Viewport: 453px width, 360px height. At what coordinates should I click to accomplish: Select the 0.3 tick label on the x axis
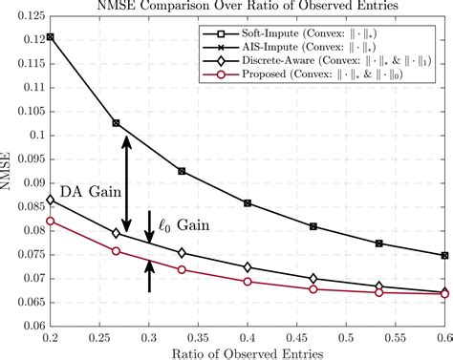click(x=149, y=336)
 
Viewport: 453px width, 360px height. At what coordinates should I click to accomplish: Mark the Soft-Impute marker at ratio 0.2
click(x=51, y=37)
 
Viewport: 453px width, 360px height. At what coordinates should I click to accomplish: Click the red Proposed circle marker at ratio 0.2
click(x=51, y=221)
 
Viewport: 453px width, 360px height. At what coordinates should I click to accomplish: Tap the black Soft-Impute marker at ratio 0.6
click(x=444, y=255)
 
